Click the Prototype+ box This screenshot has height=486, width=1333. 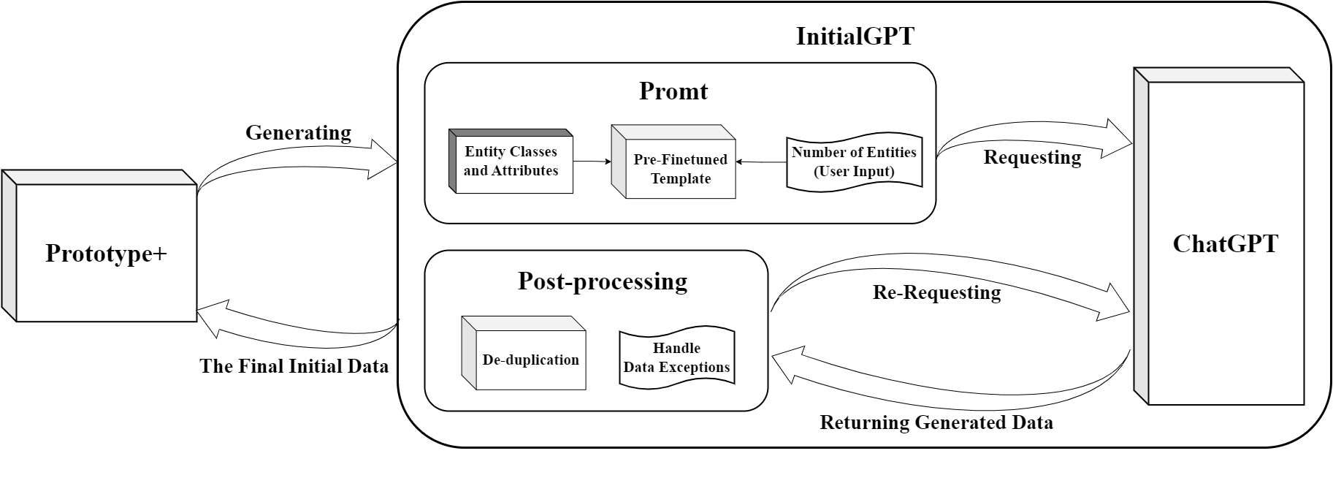click(x=106, y=253)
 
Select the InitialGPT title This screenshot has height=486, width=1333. click(x=854, y=36)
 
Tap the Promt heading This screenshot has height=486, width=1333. click(x=673, y=91)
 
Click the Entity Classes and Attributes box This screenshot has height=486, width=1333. click(x=511, y=162)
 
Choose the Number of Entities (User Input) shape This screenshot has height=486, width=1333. click(x=853, y=162)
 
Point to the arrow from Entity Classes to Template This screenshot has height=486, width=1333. click(x=592, y=162)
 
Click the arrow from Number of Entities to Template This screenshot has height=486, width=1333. click(x=760, y=162)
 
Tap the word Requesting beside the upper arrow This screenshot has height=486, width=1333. click(x=1032, y=157)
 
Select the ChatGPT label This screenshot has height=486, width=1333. click(x=1225, y=243)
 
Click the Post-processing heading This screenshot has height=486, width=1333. click(x=602, y=281)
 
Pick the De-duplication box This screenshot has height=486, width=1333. click(x=530, y=359)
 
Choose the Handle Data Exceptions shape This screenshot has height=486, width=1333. click(x=676, y=357)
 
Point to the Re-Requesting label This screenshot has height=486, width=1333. click(x=936, y=292)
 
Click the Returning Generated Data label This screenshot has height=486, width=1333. click(x=936, y=422)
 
